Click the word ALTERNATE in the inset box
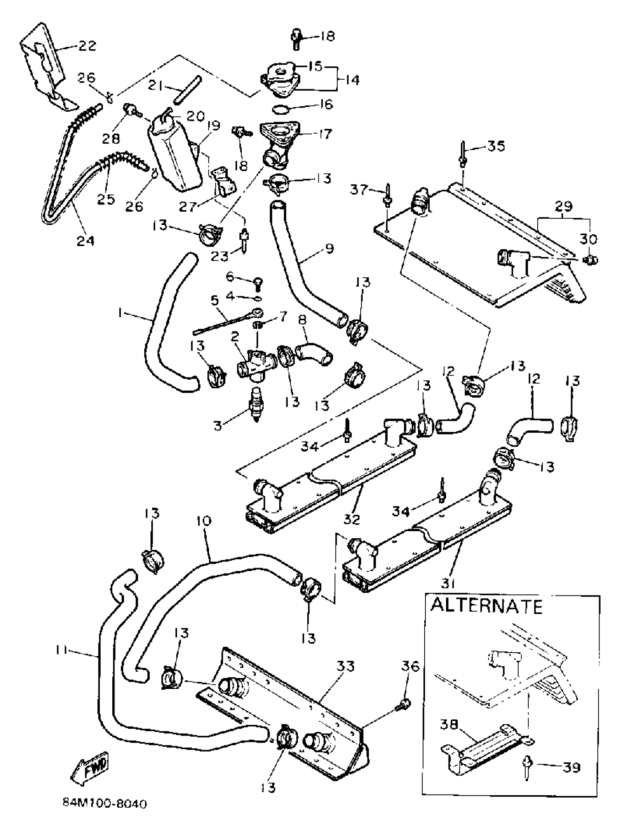coord(486,606)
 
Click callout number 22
coord(87,46)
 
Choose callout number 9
coord(329,249)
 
